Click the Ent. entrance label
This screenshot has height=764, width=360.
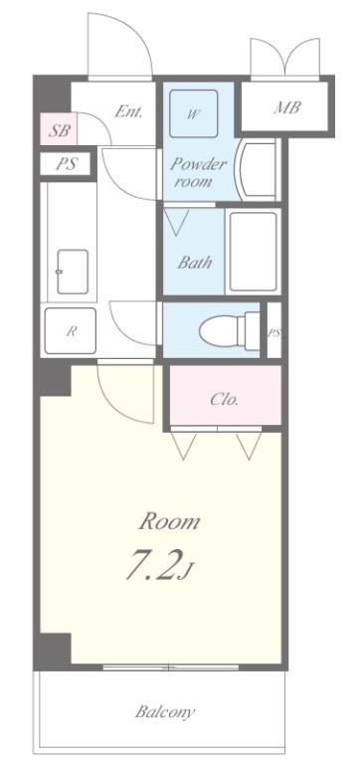128,111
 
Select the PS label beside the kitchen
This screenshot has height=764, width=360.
65,165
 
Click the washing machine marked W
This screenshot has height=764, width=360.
194,114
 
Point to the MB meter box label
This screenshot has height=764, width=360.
286,107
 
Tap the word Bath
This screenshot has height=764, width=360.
193,264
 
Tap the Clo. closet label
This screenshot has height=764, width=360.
222,400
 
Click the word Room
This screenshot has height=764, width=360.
167,521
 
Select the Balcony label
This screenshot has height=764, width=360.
164,711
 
